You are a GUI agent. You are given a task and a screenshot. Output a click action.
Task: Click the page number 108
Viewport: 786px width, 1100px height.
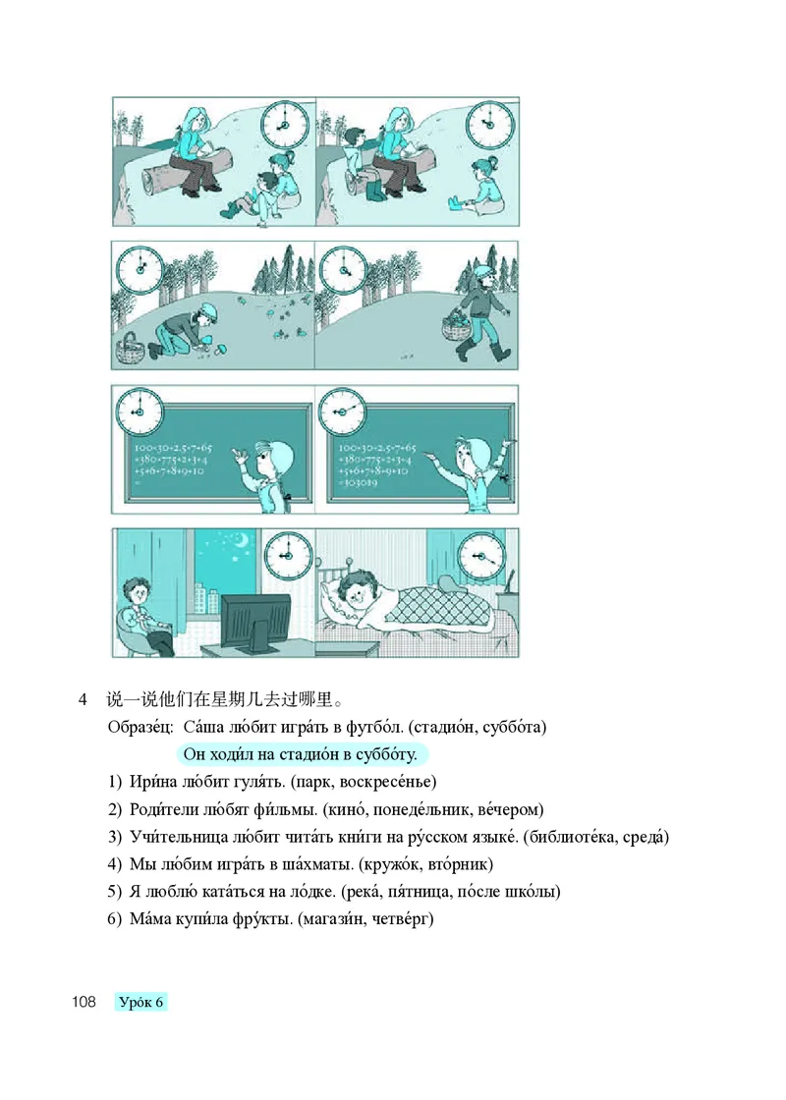point(83,1002)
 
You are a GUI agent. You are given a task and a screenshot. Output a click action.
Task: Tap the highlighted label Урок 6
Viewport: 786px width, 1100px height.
point(141,1002)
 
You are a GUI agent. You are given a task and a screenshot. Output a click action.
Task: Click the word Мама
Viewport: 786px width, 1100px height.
point(150,919)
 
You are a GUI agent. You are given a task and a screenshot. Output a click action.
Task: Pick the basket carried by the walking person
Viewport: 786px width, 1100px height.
point(454,327)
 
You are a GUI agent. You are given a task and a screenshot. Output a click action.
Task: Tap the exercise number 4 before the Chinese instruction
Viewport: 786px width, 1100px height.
point(84,700)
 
